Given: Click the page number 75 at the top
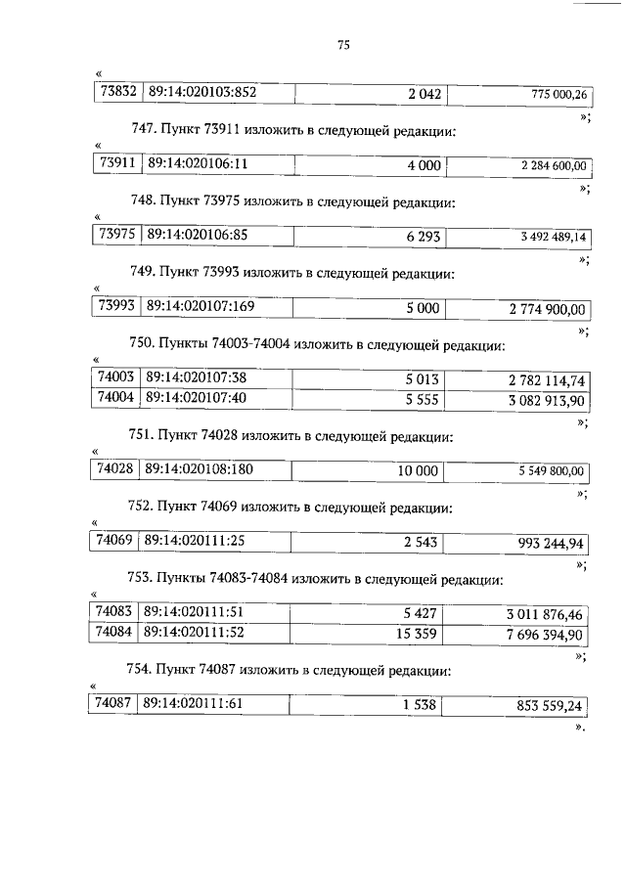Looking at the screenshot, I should tap(343, 45).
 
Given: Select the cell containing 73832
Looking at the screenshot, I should tap(117, 93).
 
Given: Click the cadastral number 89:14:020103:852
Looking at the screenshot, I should tap(201, 93).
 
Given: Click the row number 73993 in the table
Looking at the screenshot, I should tap(117, 307).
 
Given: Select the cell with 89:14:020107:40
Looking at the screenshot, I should tap(195, 398).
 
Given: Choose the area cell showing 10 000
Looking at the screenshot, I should tap(418, 470).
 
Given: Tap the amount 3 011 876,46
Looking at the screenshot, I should tap(545, 614).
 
